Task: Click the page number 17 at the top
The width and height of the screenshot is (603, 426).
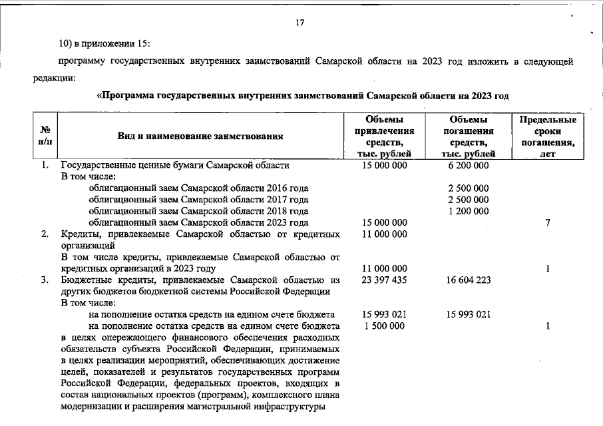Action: (x=300, y=23)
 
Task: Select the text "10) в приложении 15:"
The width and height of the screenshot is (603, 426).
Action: (x=104, y=44)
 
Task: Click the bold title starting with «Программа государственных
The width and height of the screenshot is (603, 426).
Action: (x=303, y=96)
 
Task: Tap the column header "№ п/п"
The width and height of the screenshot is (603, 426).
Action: (x=46, y=136)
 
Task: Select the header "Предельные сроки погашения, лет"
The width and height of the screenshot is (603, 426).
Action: (x=548, y=136)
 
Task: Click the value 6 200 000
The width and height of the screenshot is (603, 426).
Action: (x=469, y=165)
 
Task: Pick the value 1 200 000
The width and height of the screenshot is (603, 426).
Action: (x=469, y=211)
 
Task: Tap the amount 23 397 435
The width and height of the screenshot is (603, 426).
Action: (x=384, y=280)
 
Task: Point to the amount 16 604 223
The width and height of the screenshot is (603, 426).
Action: (x=469, y=280)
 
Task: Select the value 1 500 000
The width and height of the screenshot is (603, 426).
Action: (x=384, y=325)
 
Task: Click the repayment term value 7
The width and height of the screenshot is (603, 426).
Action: (x=548, y=222)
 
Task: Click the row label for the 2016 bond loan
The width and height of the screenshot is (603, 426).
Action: (x=198, y=188)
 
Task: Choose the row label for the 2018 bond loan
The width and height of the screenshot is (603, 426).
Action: (x=198, y=211)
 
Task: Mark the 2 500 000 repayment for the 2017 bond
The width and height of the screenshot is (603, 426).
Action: (x=469, y=200)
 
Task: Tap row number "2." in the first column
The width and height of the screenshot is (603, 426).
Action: (x=45, y=234)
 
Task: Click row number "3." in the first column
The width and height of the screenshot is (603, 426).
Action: (x=45, y=280)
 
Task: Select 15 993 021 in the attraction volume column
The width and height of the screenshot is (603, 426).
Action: (x=384, y=314)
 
